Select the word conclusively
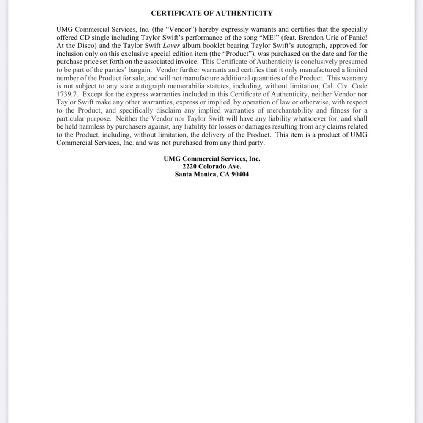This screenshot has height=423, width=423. [x=311, y=62]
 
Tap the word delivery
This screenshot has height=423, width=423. [x=201, y=135]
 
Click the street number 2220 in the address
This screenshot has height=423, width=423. [x=190, y=166]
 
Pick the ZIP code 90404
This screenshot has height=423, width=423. [x=239, y=174]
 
